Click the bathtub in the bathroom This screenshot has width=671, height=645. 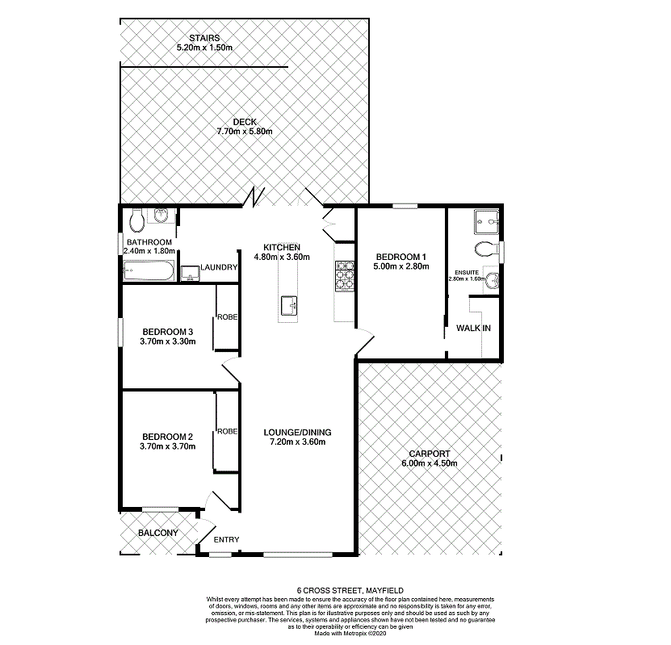pyautogui.click(x=149, y=270)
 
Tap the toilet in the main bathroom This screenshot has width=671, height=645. pyautogui.click(x=136, y=219)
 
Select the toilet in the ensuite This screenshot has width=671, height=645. pyautogui.click(x=486, y=248)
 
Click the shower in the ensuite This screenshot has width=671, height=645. pyautogui.click(x=487, y=219)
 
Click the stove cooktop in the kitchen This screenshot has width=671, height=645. pyautogui.click(x=345, y=277)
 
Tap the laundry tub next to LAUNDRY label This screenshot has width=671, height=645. pyautogui.click(x=191, y=274)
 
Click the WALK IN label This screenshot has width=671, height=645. pyautogui.click(x=473, y=329)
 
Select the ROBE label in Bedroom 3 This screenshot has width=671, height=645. pyautogui.click(x=227, y=317)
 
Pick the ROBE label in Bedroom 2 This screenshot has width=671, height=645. pyautogui.click(x=227, y=432)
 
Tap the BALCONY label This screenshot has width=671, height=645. pyautogui.click(x=157, y=534)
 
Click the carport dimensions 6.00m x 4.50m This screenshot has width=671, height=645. pyautogui.click(x=430, y=463)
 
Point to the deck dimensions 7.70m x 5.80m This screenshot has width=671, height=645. pyautogui.click(x=245, y=132)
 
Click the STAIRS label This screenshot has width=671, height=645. pyautogui.click(x=204, y=38)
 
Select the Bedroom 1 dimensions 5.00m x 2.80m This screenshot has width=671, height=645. pyautogui.click(x=401, y=266)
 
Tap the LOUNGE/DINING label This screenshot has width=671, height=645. pyautogui.click(x=298, y=432)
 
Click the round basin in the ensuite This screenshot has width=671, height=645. pyautogui.click(x=492, y=280)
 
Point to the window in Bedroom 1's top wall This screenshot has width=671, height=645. pyautogui.click(x=405, y=207)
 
